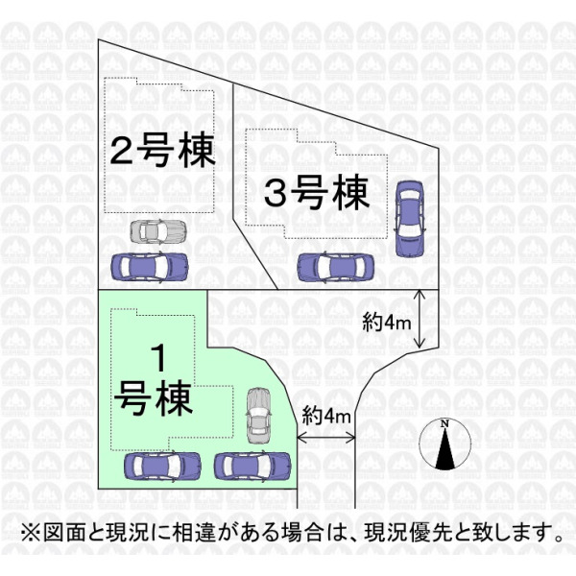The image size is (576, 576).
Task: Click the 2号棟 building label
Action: point(162,150)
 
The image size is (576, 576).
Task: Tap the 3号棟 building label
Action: point(317,193)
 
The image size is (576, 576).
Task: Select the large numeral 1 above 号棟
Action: point(159,358)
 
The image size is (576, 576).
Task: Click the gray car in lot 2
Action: point(158,231)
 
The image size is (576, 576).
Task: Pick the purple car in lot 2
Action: point(150,267)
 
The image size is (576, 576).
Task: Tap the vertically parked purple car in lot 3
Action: point(409,219)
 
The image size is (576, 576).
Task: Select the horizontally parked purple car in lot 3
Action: point(335,268)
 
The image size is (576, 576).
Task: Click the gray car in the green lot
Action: point(258,416)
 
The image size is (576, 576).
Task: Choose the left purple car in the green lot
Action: point(163,467)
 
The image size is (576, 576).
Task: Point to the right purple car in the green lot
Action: point(252,466)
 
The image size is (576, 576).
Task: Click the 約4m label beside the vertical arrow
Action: point(386,324)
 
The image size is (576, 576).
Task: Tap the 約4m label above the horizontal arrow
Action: point(326,417)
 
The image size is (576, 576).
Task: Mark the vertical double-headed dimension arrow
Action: point(420,319)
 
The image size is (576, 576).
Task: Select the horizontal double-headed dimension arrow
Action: point(325,438)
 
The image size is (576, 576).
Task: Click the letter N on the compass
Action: point(444,423)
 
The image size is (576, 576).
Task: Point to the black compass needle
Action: point(444,449)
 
